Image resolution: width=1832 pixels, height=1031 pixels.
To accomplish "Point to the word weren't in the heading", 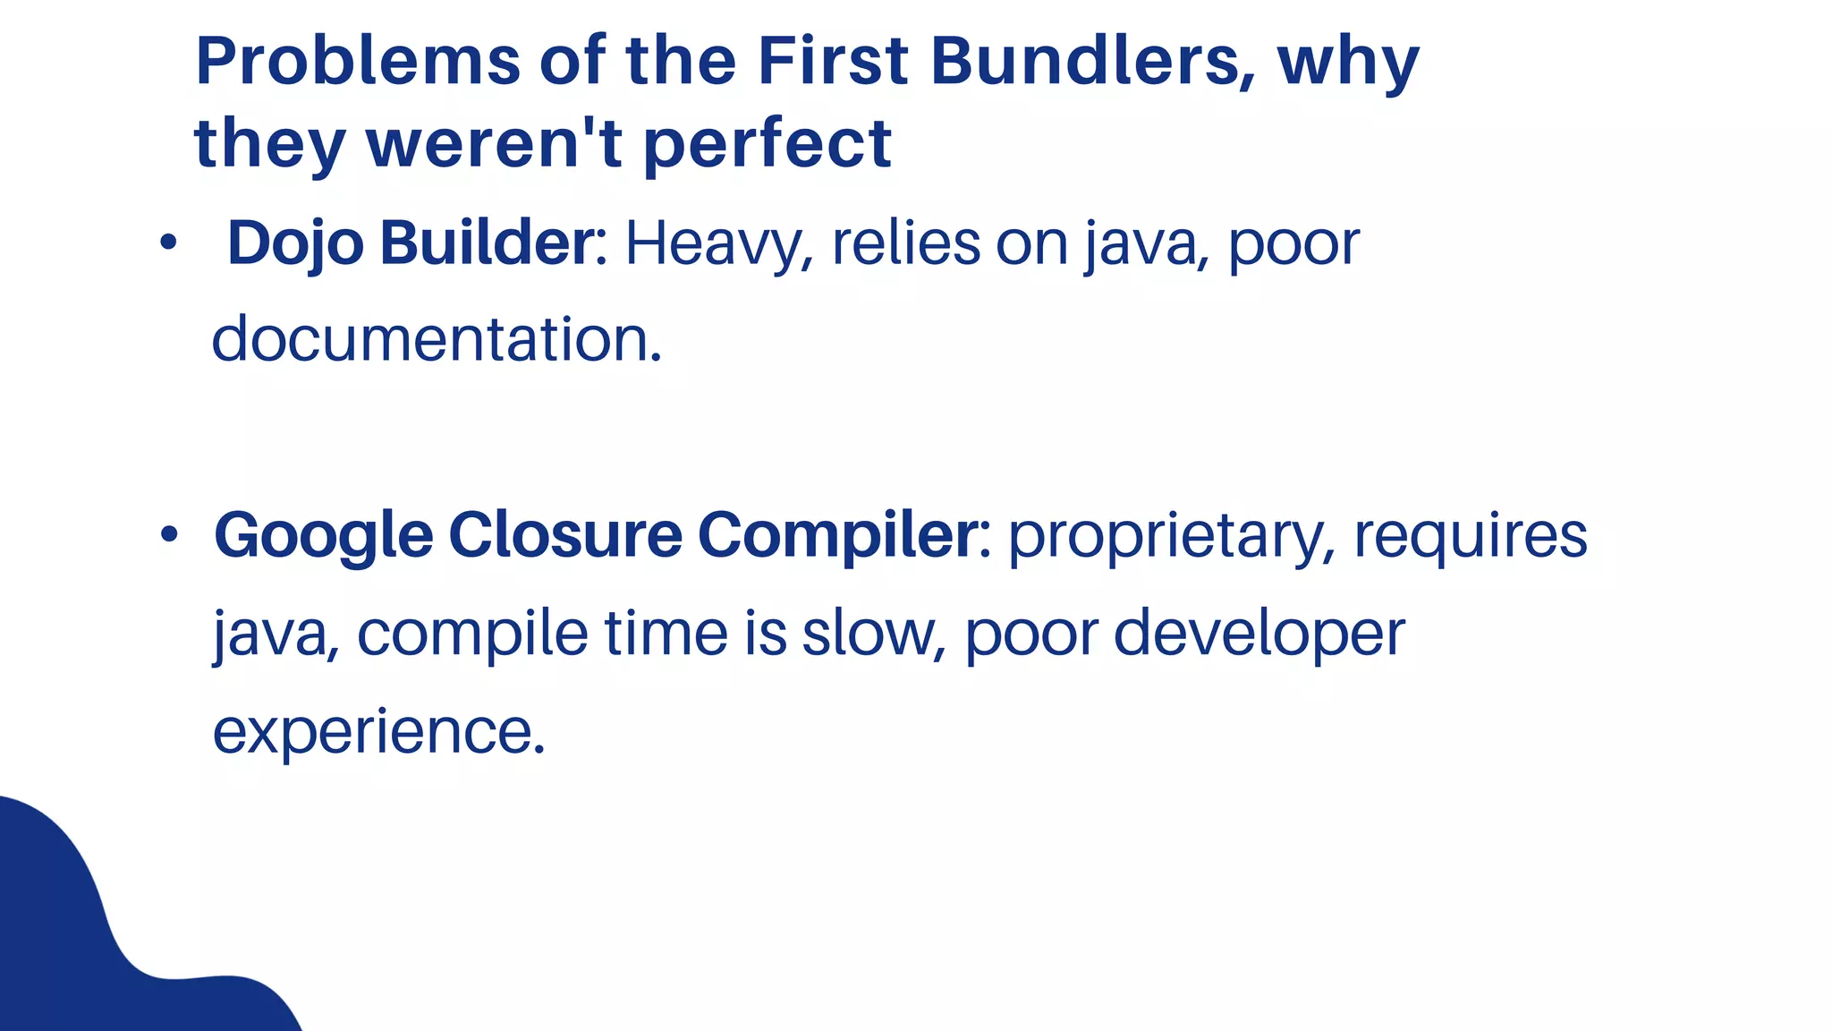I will pyautogui.click(x=495, y=143).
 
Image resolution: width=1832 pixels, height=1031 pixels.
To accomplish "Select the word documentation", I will pyautogui.click(x=437, y=340).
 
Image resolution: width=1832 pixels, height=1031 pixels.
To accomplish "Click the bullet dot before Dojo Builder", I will pyautogui.click(x=168, y=243).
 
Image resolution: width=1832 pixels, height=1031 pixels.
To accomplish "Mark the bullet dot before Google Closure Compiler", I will pyautogui.click(x=169, y=535).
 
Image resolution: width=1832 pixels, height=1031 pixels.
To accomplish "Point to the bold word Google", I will pyautogui.click(x=324, y=535).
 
